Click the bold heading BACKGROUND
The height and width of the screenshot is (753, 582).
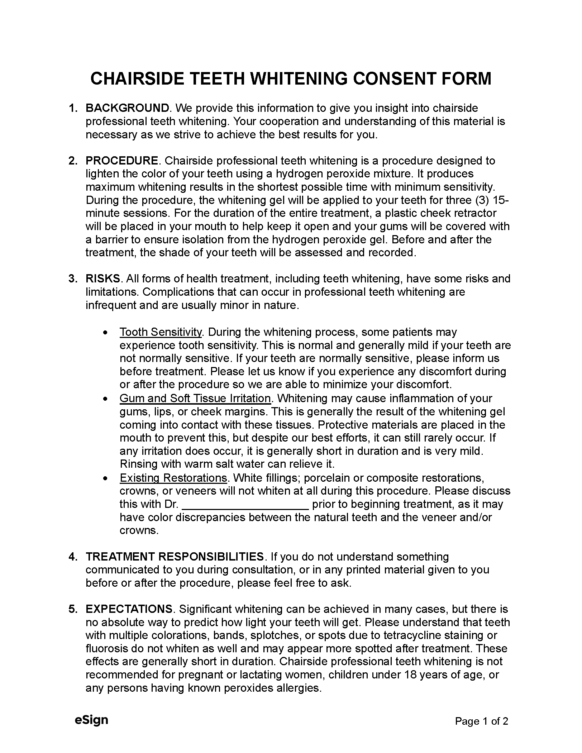(x=127, y=108)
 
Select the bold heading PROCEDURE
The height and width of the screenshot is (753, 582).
(x=121, y=161)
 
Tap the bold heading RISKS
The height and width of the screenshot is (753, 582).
(x=103, y=278)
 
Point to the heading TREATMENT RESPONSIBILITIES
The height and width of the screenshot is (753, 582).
(x=175, y=557)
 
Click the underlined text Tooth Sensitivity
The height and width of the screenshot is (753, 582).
(x=161, y=332)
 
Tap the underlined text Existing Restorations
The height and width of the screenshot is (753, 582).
(x=173, y=478)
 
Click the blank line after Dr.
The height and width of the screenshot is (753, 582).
(x=245, y=504)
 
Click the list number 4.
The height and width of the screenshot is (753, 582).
(x=72, y=557)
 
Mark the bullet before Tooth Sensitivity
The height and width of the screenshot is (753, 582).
(x=105, y=332)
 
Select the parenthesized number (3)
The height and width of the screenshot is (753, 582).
(x=481, y=200)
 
